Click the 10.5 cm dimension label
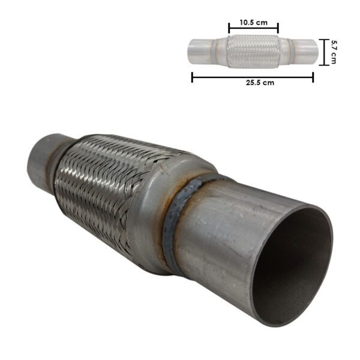coord(253,23)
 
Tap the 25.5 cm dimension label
coord(260,83)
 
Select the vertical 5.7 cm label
coord(334,52)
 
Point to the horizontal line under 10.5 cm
coord(253,28)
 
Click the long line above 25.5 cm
coord(253,77)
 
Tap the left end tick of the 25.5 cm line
coord(192,77)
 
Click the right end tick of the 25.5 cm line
coord(313,77)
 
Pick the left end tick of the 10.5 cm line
coord(229,28)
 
